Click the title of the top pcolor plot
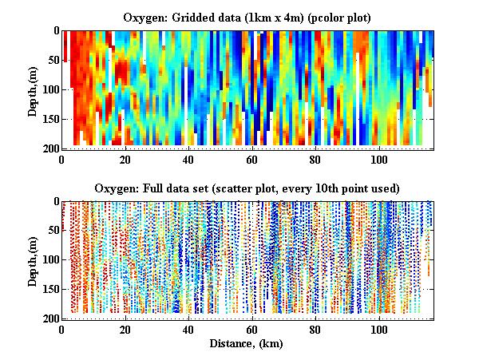tap(247, 17)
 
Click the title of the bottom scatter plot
tap(247, 188)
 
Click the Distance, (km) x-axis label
tap(247, 344)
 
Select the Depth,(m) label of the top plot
tap(33, 89)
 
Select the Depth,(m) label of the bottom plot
tap(33, 260)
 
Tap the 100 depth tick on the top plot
tap(49, 89)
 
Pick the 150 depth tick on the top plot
tap(49, 119)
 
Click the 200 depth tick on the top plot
tap(49, 148)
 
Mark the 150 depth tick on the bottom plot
tap(49, 290)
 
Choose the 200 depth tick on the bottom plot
tap(49, 318)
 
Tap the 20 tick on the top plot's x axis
tap(125, 159)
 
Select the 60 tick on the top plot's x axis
tap(252, 159)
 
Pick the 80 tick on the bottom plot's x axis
tap(316, 330)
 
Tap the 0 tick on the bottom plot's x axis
tap(62, 330)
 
